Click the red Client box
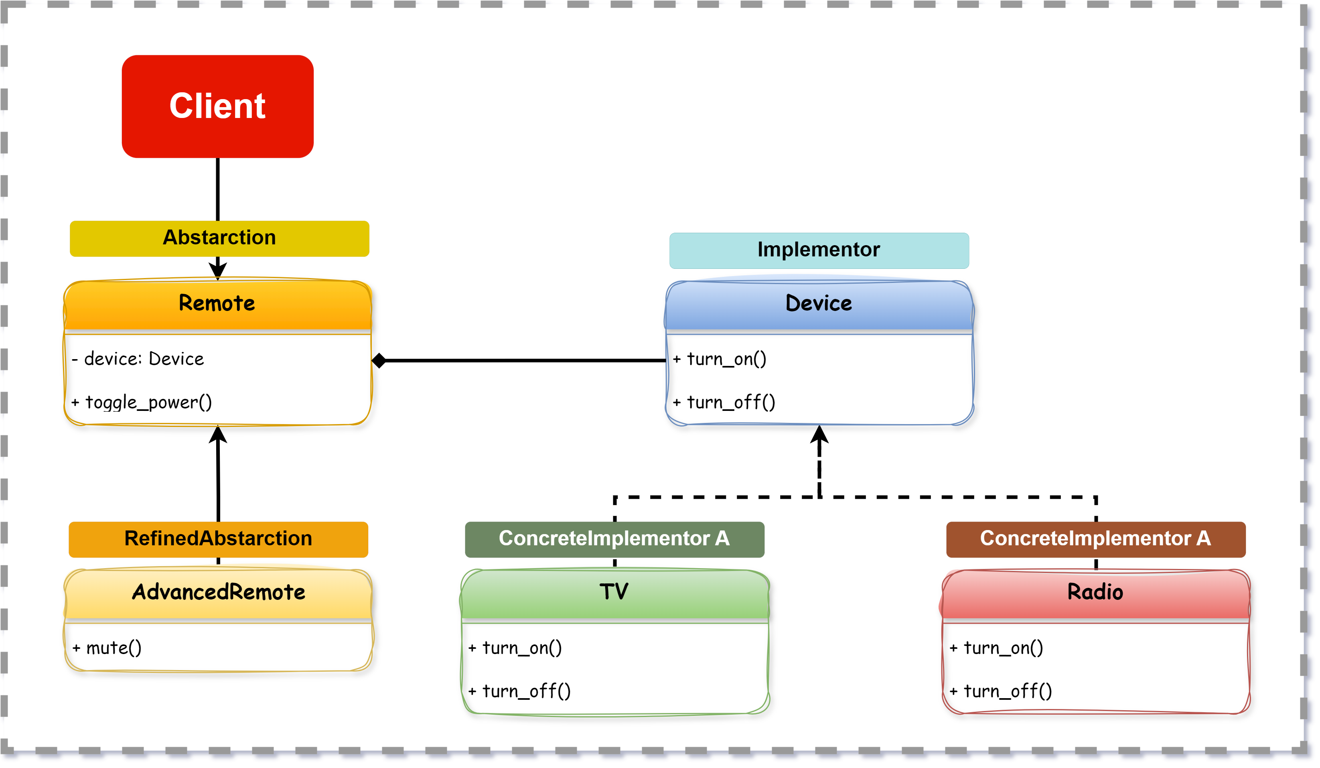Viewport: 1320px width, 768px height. (x=217, y=106)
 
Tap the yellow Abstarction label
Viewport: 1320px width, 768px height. (x=219, y=238)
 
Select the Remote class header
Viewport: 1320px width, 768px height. (x=217, y=304)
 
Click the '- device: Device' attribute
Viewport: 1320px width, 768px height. (x=144, y=360)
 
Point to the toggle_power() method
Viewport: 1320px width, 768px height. (x=148, y=402)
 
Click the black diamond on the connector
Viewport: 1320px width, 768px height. (x=379, y=361)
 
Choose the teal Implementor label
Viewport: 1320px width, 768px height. (x=819, y=250)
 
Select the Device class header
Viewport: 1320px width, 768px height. (x=819, y=304)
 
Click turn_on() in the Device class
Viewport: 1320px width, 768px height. (x=726, y=360)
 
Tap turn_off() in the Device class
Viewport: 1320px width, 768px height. (x=730, y=402)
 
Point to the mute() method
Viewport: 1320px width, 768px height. (x=113, y=648)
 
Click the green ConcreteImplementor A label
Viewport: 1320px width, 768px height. (x=614, y=539)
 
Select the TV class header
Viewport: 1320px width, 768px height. (x=614, y=593)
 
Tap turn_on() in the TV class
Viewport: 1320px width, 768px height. (x=521, y=648)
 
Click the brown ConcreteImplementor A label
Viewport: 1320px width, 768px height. (x=1095, y=539)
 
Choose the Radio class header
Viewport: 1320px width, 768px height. (x=1095, y=593)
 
